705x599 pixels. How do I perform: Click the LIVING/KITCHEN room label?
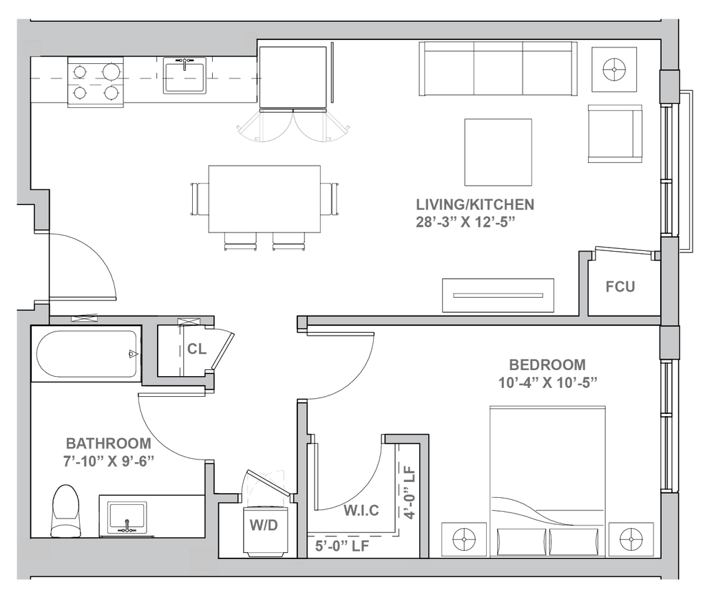click(x=475, y=205)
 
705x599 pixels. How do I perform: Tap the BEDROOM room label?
click(x=547, y=363)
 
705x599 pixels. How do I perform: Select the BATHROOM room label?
click(x=107, y=442)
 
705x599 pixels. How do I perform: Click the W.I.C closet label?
click(x=361, y=512)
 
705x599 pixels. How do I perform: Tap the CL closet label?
click(x=196, y=349)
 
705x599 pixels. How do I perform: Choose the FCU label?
click(x=620, y=287)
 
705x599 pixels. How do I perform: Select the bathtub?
click(x=85, y=355)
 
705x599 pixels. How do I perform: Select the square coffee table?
click(x=498, y=152)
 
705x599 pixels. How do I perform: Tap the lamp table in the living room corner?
click(x=612, y=69)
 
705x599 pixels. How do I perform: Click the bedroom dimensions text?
click(x=544, y=380)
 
